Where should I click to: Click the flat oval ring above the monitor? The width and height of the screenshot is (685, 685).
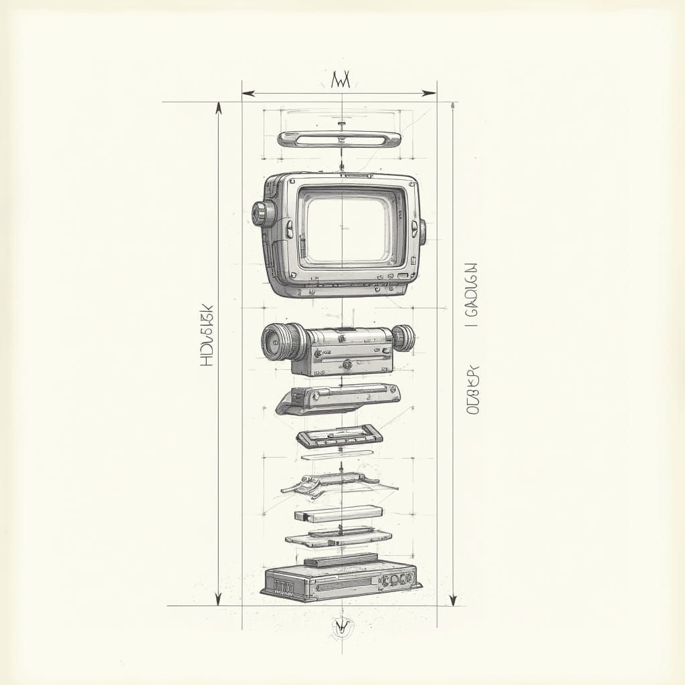[x=339, y=139]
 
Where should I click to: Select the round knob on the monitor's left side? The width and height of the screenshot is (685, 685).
[x=263, y=213]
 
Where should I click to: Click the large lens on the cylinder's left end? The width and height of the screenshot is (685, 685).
[x=277, y=342]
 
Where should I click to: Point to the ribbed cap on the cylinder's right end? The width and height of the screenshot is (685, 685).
[x=403, y=338]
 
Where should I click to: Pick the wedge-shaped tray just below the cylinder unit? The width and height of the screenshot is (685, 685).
[x=338, y=399]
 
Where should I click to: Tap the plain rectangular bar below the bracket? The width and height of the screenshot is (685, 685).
[x=338, y=514]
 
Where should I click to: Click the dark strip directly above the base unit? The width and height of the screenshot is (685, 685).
[x=340, y=559]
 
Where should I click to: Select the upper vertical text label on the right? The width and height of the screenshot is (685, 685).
[x=471, y=294]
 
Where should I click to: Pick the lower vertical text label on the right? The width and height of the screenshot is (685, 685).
[x=473, y=390]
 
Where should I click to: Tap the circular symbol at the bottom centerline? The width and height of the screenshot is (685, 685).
[x=342, y=625]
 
